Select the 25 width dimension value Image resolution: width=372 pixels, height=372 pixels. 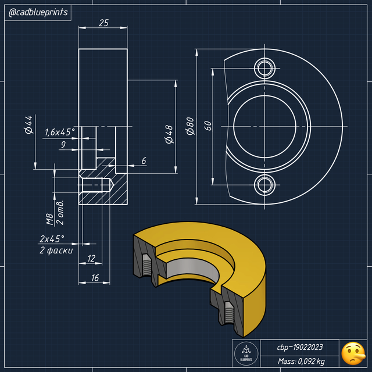[x=103, y=23]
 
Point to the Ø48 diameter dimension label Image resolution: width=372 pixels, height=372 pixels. [x=169, y=134]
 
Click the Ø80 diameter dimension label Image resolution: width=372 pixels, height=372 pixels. [x=189, y=126]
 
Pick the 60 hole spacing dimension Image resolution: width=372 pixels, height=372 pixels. [x=207, y=126]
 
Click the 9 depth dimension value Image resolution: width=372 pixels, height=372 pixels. [x=63, y=144]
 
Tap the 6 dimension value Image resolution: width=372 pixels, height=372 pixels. [x=144, y=160]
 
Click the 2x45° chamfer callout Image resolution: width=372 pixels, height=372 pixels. [x=52, y=239]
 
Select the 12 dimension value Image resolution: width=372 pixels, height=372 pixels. [x=91, y=258]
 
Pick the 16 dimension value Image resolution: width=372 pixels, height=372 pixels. [x=95, y=278]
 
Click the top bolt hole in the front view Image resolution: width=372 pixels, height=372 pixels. [x=266, y=67]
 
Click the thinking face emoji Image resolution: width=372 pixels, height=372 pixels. [x=352, y=352]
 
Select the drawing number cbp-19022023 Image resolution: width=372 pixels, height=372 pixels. [x=299, y=347]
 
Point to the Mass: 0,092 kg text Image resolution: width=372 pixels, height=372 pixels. [x=299, y=362]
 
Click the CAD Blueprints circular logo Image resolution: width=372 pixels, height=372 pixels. [x=245, y=353]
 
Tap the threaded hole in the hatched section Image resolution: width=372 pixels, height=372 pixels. [x=96, y=186]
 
